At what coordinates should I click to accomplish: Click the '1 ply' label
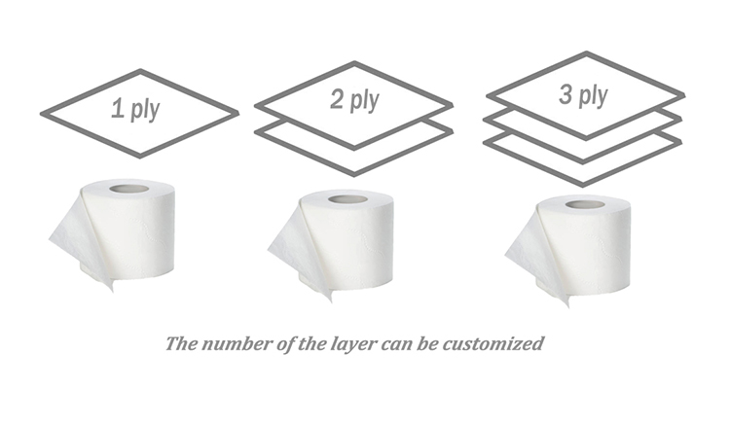135,109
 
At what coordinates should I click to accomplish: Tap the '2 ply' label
354,100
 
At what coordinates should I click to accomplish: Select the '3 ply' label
583,95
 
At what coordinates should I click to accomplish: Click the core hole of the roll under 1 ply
128,189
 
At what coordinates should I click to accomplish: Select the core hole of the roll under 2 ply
347,200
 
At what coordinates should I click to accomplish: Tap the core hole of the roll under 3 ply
585,204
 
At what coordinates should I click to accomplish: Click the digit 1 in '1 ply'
118,108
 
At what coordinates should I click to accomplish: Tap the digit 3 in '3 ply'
566,94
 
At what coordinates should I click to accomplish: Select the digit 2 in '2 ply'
337,99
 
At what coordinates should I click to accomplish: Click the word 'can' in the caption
396,345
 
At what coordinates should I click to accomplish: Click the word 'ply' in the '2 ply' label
365,101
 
